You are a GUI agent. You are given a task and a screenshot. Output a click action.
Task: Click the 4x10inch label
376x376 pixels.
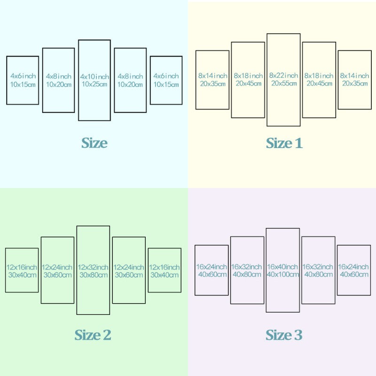[94, 77]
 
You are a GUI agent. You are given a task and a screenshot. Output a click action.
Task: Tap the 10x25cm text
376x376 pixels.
[94, 84]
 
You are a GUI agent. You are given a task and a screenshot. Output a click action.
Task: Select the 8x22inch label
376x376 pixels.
[283, 76]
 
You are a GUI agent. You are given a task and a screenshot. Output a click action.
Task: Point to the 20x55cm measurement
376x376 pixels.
[284, 83]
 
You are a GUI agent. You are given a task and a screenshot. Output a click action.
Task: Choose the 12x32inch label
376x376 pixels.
[93, 267]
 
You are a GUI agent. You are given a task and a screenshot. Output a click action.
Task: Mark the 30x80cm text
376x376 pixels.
[94, 275]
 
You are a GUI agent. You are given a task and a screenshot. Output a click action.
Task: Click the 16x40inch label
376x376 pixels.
[282, 266]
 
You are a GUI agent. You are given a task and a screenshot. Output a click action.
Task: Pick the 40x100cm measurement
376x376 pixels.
[283, 274]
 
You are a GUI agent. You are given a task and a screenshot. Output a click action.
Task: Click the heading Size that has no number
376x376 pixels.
[94, 143]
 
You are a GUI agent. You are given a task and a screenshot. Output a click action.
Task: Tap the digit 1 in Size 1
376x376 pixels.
[298, 143]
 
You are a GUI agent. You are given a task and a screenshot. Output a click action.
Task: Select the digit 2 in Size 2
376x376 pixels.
[107, 335]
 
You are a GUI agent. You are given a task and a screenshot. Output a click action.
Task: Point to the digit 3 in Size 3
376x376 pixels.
[298, 335]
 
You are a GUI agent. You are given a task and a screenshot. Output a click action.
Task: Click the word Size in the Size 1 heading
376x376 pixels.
[279, 143]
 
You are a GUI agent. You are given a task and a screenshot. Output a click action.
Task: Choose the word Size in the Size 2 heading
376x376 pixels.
[87, 335]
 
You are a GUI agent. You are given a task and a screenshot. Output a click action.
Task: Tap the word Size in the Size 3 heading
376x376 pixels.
[279, 335]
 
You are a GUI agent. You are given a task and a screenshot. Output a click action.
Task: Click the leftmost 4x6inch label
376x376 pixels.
[23, 76]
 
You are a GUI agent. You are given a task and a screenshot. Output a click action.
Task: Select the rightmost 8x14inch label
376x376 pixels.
[354, 76]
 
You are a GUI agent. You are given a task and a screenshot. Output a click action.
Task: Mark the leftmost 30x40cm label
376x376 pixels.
[22, 275]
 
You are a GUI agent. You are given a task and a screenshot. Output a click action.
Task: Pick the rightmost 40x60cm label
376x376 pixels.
[354, 274]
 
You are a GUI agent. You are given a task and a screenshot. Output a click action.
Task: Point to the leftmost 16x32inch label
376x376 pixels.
[246, 267]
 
